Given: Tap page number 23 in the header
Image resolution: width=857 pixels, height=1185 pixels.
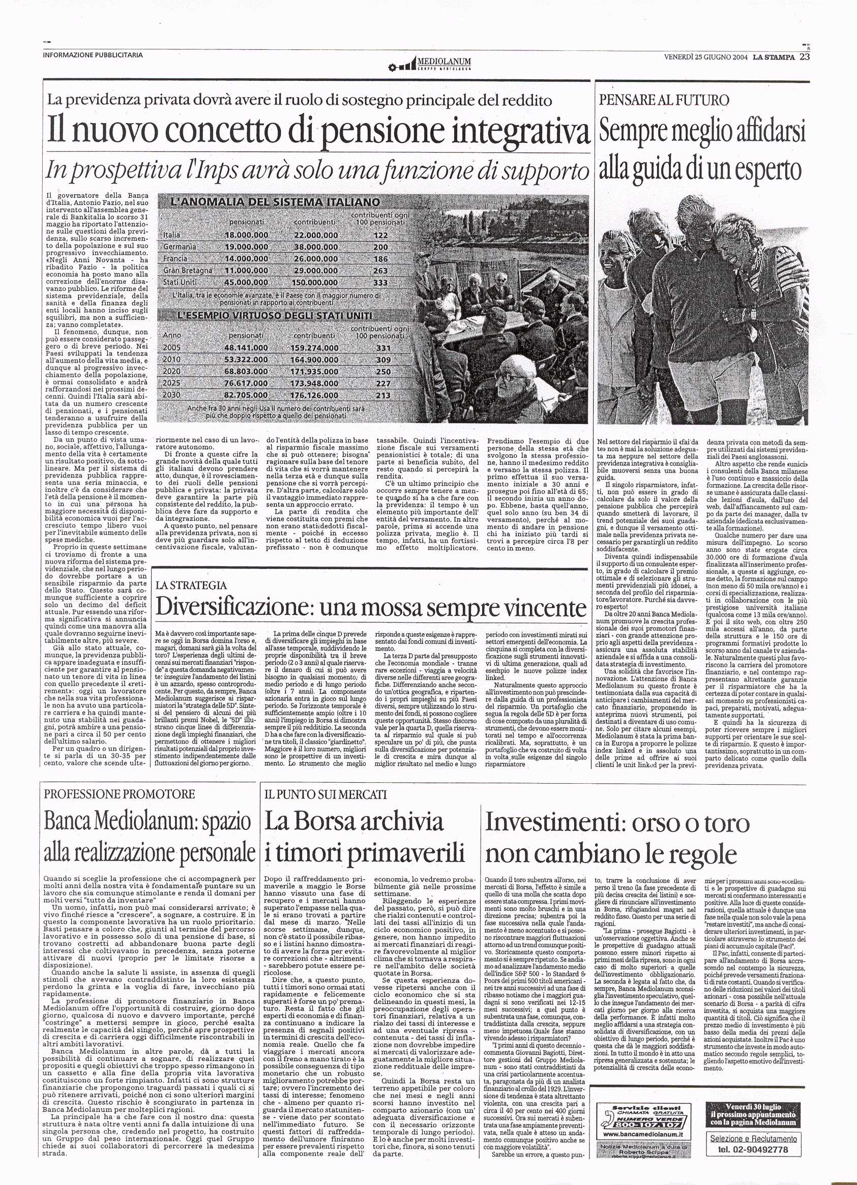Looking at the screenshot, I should [x=804, y=56].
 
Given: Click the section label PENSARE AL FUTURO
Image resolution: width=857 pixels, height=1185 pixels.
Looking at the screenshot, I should [x=664, y=99].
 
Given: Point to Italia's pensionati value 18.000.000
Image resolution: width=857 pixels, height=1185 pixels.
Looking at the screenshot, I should [x=246, y=235].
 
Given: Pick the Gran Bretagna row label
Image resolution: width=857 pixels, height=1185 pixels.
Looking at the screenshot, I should [x=188, y=271].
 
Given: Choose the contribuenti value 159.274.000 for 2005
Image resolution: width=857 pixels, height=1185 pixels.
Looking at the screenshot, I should [x=316, y=347].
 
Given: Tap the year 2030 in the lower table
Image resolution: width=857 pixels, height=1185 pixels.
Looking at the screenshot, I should [x=172, y=395].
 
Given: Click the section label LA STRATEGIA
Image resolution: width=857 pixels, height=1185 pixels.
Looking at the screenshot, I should [x=191, y=585].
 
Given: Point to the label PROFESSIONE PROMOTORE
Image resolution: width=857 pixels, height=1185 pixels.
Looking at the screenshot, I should [x=120, y=794].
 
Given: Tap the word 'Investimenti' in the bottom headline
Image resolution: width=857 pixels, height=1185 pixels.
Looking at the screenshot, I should [x=554, y=823].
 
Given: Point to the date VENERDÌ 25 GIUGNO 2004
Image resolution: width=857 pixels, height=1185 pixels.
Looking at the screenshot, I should [x=705, y=57].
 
